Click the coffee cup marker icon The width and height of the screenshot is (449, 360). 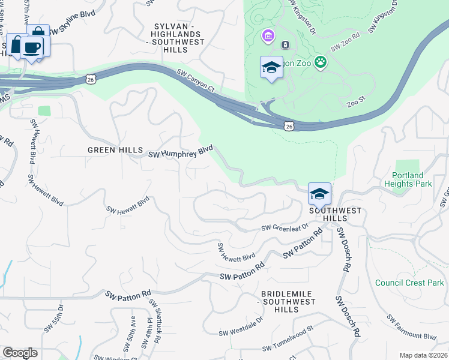[32, 47]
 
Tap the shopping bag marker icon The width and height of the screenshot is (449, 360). [38, 33]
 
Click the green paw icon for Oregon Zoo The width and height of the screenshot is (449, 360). [322, 61]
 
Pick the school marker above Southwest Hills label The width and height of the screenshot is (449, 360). [320, 193]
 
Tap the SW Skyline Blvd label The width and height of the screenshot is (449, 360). [72, 31]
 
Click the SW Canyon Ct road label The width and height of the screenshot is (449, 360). [196, 80]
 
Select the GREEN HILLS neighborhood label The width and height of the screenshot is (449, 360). [115, 150]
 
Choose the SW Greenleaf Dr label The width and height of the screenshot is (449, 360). [285, 227]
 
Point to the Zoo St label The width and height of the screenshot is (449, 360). [356, 104]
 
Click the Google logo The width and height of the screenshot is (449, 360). [20, 353]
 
